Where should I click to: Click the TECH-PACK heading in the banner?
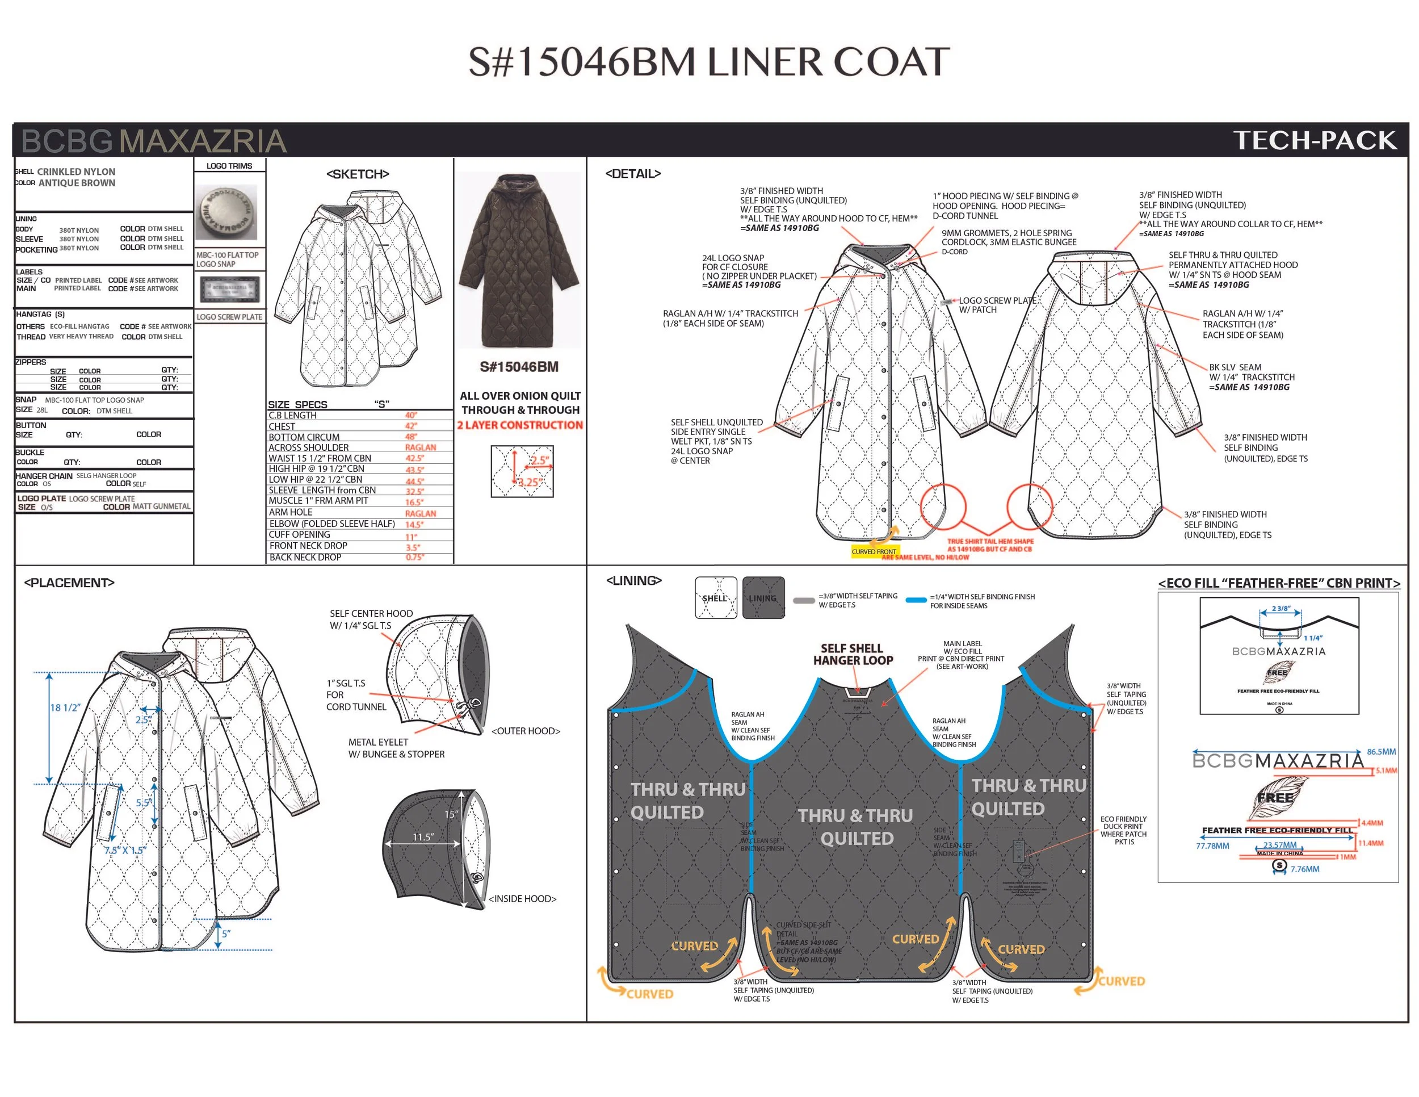[1315, 140]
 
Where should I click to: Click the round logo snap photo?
[226, 212]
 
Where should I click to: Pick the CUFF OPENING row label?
[300, 535]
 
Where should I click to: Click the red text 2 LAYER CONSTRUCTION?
[520, 425]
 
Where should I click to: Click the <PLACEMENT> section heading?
[69, 583]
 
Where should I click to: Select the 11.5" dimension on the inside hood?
[422, 837]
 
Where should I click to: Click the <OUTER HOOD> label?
[526, 731]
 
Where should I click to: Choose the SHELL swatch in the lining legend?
[715, 598]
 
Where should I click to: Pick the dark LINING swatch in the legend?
[763, 598]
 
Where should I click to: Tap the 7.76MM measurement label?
[1305, 869]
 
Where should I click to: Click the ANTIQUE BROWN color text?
[77, 183]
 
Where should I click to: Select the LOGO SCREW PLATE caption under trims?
[229, 317]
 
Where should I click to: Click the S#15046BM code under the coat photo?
[519, 367]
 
